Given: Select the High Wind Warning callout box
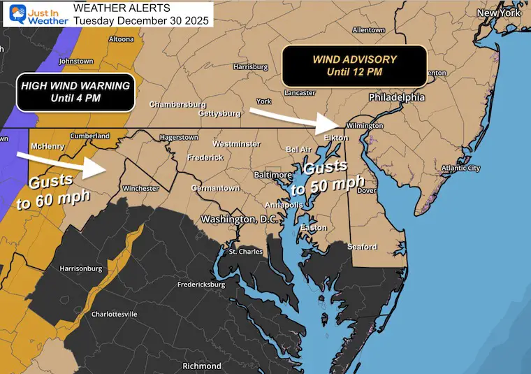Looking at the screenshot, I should pos(75,92).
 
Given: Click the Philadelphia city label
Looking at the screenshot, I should pos(397,97).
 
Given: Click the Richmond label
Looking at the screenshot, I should pos(202,366).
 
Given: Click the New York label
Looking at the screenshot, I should pos(500,13).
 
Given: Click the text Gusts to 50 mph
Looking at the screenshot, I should pos(326,179).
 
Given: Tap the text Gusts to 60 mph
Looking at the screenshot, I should pos(53,189).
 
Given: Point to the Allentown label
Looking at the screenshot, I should pos(368,30).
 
